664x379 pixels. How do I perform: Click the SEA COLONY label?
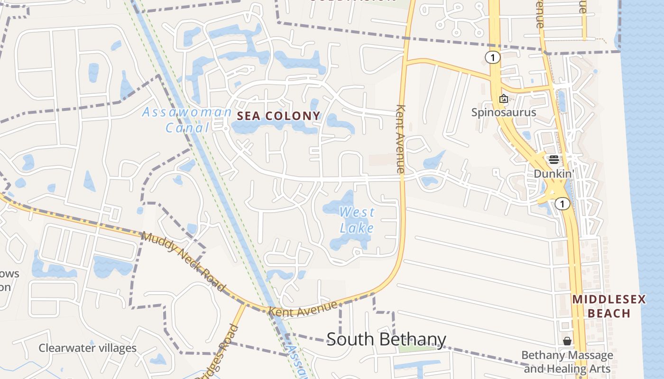tap(278, 116)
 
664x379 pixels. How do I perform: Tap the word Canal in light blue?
tap(187, 127)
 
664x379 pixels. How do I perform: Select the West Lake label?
tap(357, 220)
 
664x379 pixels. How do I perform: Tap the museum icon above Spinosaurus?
tap(503, 99)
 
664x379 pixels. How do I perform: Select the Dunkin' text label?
tap(553, 174)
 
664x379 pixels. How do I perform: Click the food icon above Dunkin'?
tap(553, 159)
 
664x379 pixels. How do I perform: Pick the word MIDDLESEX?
tap(609, 299)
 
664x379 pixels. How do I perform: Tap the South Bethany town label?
tap(386, 339)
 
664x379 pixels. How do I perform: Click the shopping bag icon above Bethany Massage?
tap(567, 341)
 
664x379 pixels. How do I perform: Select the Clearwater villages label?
tap(87, 348)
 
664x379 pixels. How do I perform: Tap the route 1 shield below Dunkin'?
tap(562, 204)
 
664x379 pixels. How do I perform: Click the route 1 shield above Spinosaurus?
tap(493, 58)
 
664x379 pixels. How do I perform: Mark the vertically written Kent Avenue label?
tap(401, 138)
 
